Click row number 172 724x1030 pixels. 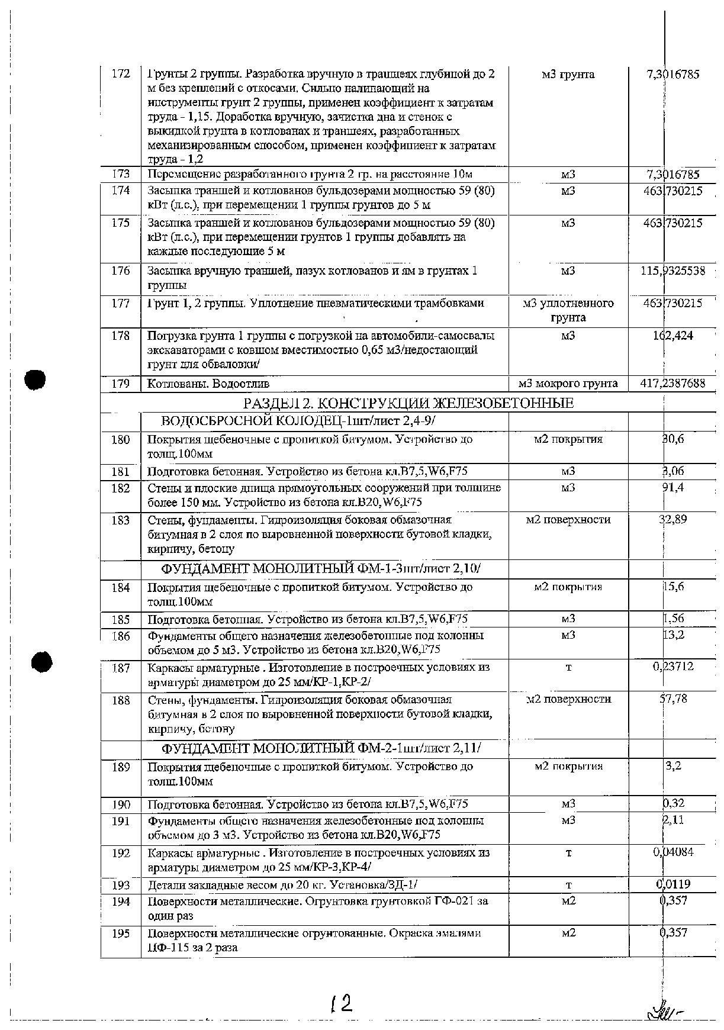(120, 75)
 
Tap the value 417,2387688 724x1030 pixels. (672, 384)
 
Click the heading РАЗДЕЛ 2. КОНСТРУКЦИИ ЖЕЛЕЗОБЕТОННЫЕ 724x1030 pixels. (408, 404)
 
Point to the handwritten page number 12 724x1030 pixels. (342, 1003)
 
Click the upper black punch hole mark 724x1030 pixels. (36, 379)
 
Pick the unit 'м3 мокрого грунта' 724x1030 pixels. (568, 384)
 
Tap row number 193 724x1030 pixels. (120, 885)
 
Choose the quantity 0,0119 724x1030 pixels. (672, 884)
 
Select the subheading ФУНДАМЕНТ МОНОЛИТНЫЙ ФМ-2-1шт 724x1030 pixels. (321, 748)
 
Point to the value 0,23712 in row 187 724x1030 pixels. (673, 667)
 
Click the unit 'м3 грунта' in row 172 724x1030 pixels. (568, 75)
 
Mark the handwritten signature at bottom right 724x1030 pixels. (666, 1010)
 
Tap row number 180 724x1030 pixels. (120, 440)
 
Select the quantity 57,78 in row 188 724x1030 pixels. (673, 699)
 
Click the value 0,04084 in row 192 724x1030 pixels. (673, 852)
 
